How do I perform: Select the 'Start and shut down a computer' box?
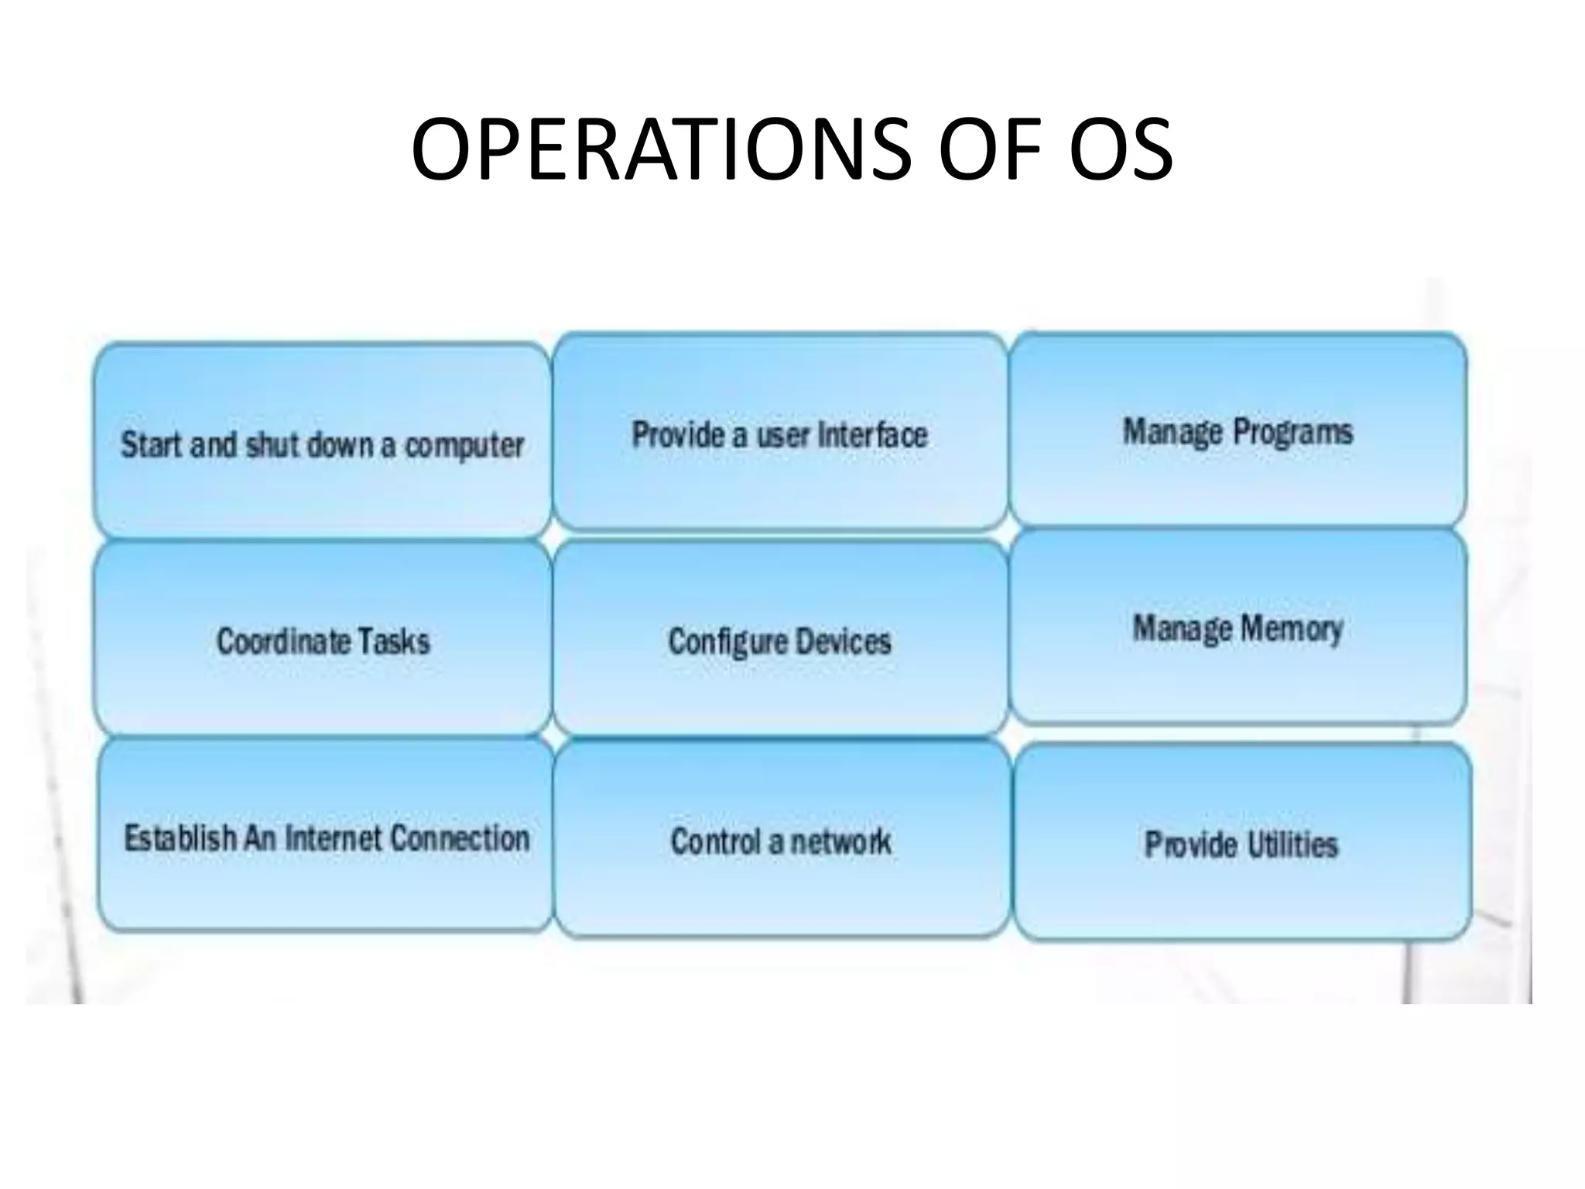coord(322,441)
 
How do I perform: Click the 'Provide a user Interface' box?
coord(780,432)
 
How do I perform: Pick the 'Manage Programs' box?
coord(1238,430)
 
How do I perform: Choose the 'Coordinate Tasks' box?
coord(323,639)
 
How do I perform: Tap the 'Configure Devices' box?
coord(780,639)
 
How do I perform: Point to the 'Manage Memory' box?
coord(1238,627)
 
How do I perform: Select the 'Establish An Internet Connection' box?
coord(326,836)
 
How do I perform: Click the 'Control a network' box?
coord(782,840)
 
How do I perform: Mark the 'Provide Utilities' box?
coord(1241,842)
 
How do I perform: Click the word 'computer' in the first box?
coord(464,446)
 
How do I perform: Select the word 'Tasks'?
coord(393,641)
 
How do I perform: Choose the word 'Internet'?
coord(334,838)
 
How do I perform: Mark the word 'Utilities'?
coord(1291,844)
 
